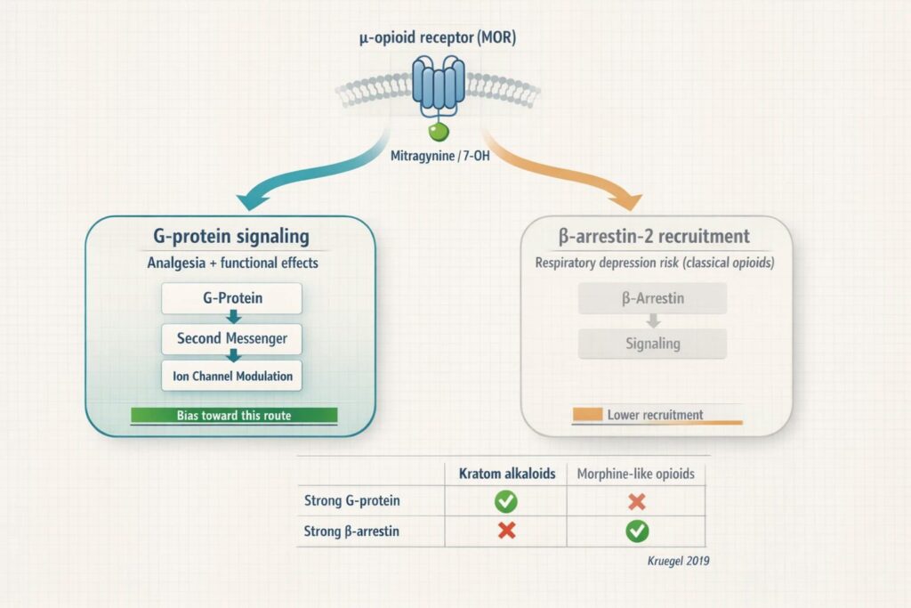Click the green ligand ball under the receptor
[437, 133]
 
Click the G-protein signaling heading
[230, 237]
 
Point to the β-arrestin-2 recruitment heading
[656, 237]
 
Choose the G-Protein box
[231, 298]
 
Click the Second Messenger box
[232, 338]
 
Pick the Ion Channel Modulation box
[232, 376]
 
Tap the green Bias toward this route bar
[234, 415]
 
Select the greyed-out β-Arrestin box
[652, 299]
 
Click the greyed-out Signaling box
[652, 344]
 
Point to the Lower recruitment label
[655, 415]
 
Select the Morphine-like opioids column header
[636, 474]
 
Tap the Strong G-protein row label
[352, 501]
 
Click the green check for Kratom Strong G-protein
[505, 501]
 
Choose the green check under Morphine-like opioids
[637, 531]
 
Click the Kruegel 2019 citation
[678, 561]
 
